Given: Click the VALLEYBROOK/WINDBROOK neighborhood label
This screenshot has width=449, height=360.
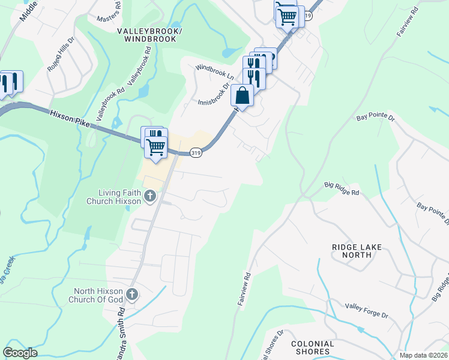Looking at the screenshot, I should tap(150, 34).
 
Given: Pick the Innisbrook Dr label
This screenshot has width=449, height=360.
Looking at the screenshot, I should tap(214, 95).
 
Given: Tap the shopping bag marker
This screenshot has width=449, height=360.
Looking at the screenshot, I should tap(242, 95).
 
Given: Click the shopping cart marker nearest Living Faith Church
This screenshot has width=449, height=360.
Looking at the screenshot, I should tap(156, 146).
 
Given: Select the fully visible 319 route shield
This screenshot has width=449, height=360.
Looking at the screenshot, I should tap(196, 153).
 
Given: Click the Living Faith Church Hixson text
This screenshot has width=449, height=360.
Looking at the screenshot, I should tap(120, 196).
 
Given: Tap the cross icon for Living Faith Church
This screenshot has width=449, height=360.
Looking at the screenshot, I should tap(150, 196).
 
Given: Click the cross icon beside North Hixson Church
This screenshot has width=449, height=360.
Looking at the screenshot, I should tap(133, 295).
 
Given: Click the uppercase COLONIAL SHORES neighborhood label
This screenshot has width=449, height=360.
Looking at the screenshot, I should tap(312, 347).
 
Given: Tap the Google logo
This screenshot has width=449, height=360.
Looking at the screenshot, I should tap(20, 353).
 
